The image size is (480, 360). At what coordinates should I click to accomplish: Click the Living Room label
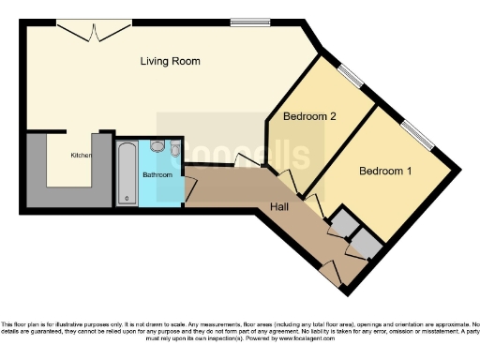click(x=170, y=62)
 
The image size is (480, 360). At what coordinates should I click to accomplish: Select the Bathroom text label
click(x=157, y=175)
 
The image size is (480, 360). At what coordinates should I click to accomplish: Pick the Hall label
click(x=279, y=206)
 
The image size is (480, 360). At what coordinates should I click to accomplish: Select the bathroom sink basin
click(x=157, y=147)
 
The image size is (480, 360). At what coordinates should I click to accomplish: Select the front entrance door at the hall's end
click(x=329, y=272)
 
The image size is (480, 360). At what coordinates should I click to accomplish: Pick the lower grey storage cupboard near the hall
click(x=365, y=245)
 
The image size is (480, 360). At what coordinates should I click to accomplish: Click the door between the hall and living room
click(x=247, y=161)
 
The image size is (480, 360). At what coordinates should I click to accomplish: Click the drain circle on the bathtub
click(x=127, y=199)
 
